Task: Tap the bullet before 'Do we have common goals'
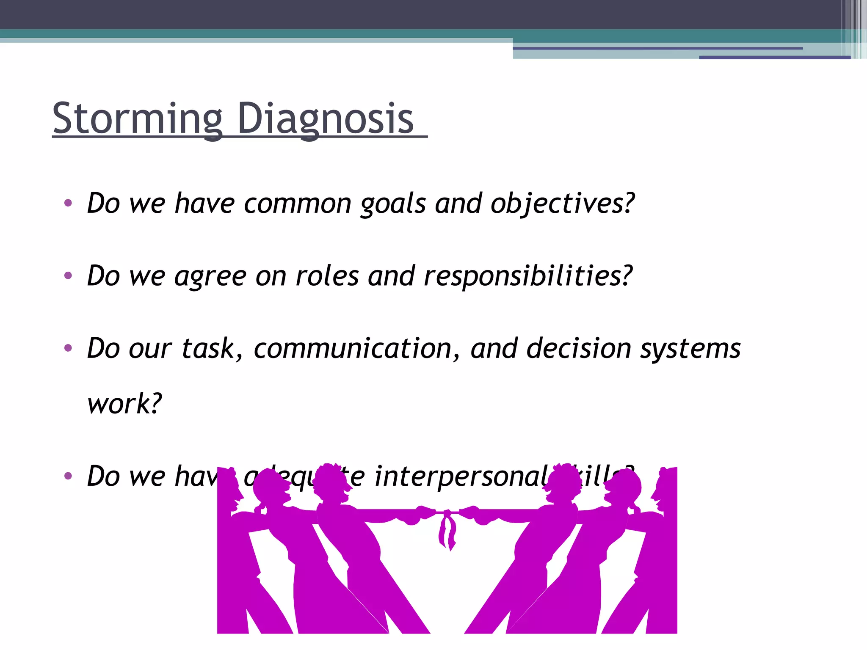(68, 203)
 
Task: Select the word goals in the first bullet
(393, 204)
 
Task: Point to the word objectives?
(563, 204)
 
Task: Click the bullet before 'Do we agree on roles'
(68, 276)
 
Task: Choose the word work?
(124, 403)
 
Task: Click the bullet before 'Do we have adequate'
(68, 476)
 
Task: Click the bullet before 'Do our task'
(68, 348)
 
